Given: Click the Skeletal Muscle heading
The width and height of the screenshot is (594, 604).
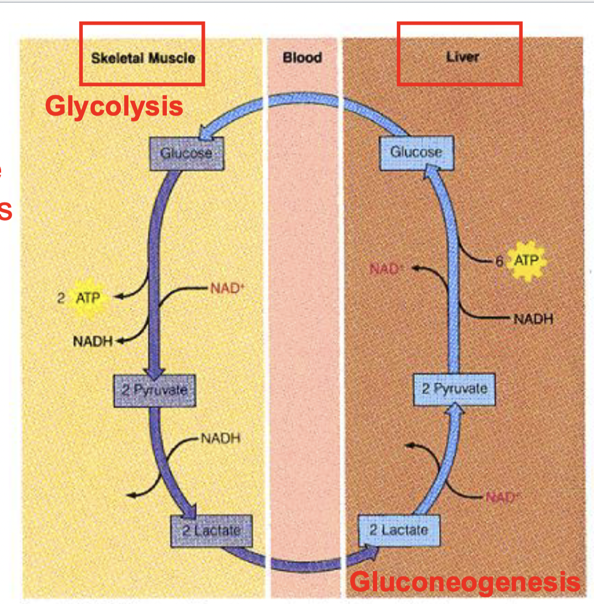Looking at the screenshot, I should coord(143,58).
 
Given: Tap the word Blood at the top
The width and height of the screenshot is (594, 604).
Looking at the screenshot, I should coord(302,58).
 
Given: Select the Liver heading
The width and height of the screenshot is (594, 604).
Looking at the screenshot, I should coord(462,57).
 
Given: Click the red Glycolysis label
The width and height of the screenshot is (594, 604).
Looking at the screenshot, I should coord(114,105).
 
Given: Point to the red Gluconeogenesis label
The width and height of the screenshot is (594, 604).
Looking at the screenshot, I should coord(464,581).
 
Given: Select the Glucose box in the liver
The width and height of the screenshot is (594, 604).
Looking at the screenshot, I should coord(416,152).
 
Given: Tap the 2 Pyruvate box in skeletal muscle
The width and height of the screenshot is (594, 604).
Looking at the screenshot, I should coord(154,390).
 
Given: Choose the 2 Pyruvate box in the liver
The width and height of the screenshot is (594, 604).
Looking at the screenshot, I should coord(454,389).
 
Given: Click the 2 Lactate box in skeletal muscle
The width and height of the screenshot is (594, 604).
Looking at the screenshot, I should coord(211,530).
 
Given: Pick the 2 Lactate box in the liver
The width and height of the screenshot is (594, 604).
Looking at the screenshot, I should coord(399,530).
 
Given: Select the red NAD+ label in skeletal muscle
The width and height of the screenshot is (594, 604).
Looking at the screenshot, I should coord(225,288).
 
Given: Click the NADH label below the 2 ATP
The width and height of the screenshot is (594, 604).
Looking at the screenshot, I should coord(92,342).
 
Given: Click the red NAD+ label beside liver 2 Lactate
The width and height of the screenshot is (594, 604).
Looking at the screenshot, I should coord(502,497).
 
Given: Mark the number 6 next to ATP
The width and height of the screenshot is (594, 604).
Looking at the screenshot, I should coord(499,261).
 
